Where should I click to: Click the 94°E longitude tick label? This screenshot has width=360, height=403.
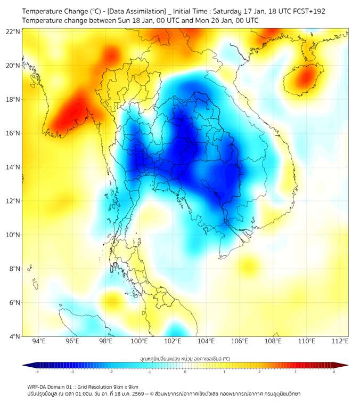(x=39, y=341)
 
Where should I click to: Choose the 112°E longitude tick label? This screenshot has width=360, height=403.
(x=340, y=341)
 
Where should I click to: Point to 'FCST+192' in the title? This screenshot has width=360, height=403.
(x=309, y=11)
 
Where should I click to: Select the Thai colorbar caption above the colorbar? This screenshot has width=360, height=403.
(x=185, y=358)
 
